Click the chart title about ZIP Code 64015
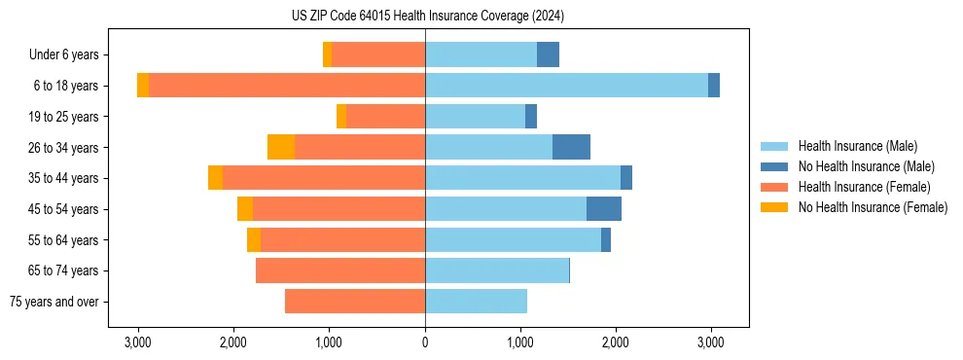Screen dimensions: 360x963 coord(428,17)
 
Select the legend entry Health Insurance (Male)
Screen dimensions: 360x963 coord(857,146)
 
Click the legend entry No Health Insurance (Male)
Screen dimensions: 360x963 coord(866,166)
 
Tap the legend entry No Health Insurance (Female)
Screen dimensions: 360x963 coord(873,207)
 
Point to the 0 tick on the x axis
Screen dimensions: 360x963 coord(425,342)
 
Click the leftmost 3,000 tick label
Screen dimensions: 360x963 coord(138,342)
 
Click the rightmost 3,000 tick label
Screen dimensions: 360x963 coord(711,342)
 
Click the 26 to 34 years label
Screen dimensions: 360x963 coord(64,147)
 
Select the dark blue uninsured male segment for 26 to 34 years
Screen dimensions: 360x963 coord(571,147)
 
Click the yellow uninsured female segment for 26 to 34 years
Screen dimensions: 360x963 coord(281,147)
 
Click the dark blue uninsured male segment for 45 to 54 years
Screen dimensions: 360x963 coord(604,208)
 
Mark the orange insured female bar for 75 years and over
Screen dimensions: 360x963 coord(355,302)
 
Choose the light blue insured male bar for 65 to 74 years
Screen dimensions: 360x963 coord(497,270)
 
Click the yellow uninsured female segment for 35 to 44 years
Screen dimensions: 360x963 coord(215,178)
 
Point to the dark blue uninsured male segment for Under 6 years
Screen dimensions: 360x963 coord(548,54)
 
